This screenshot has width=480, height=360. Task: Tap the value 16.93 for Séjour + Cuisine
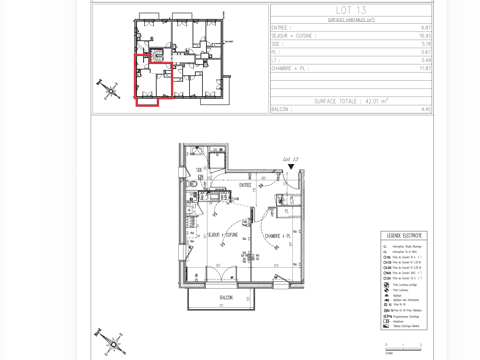(425, 36)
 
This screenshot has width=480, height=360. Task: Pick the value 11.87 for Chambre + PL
(425, 67)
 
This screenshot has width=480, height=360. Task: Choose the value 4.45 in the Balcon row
(426, 109)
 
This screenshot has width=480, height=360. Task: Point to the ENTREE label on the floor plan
(245, 184)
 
